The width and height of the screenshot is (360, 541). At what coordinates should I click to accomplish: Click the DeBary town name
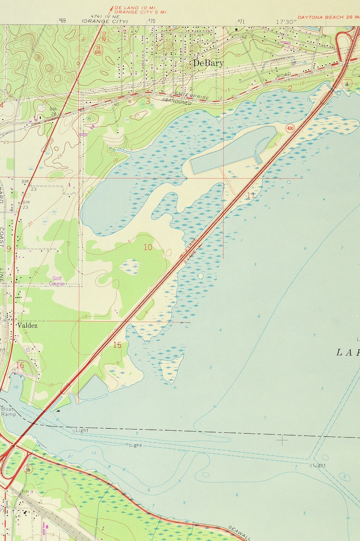[208, 63]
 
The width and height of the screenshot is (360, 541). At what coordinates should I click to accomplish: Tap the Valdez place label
[27, 325]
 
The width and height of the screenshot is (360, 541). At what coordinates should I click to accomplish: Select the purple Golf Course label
[57, 281]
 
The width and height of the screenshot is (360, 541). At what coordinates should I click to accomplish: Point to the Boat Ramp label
[8, 411]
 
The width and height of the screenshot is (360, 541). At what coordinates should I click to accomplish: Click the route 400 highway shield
[290, 129]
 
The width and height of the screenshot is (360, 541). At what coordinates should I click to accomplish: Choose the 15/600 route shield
[98, 49]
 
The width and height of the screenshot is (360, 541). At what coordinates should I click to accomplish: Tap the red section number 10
[148, 247]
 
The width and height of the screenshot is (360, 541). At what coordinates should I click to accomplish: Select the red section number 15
[117, 345]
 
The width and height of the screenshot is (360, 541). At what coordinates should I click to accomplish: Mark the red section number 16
[19, 365]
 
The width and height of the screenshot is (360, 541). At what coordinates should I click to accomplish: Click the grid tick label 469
[62, 21]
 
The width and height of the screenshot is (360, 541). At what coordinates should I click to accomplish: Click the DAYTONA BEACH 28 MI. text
[328, 17]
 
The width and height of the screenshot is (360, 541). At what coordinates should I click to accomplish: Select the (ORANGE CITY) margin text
[105, 21]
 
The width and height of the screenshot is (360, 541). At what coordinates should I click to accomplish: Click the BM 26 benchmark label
[54, 111]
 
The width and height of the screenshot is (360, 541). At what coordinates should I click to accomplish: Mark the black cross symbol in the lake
[282, 439]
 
